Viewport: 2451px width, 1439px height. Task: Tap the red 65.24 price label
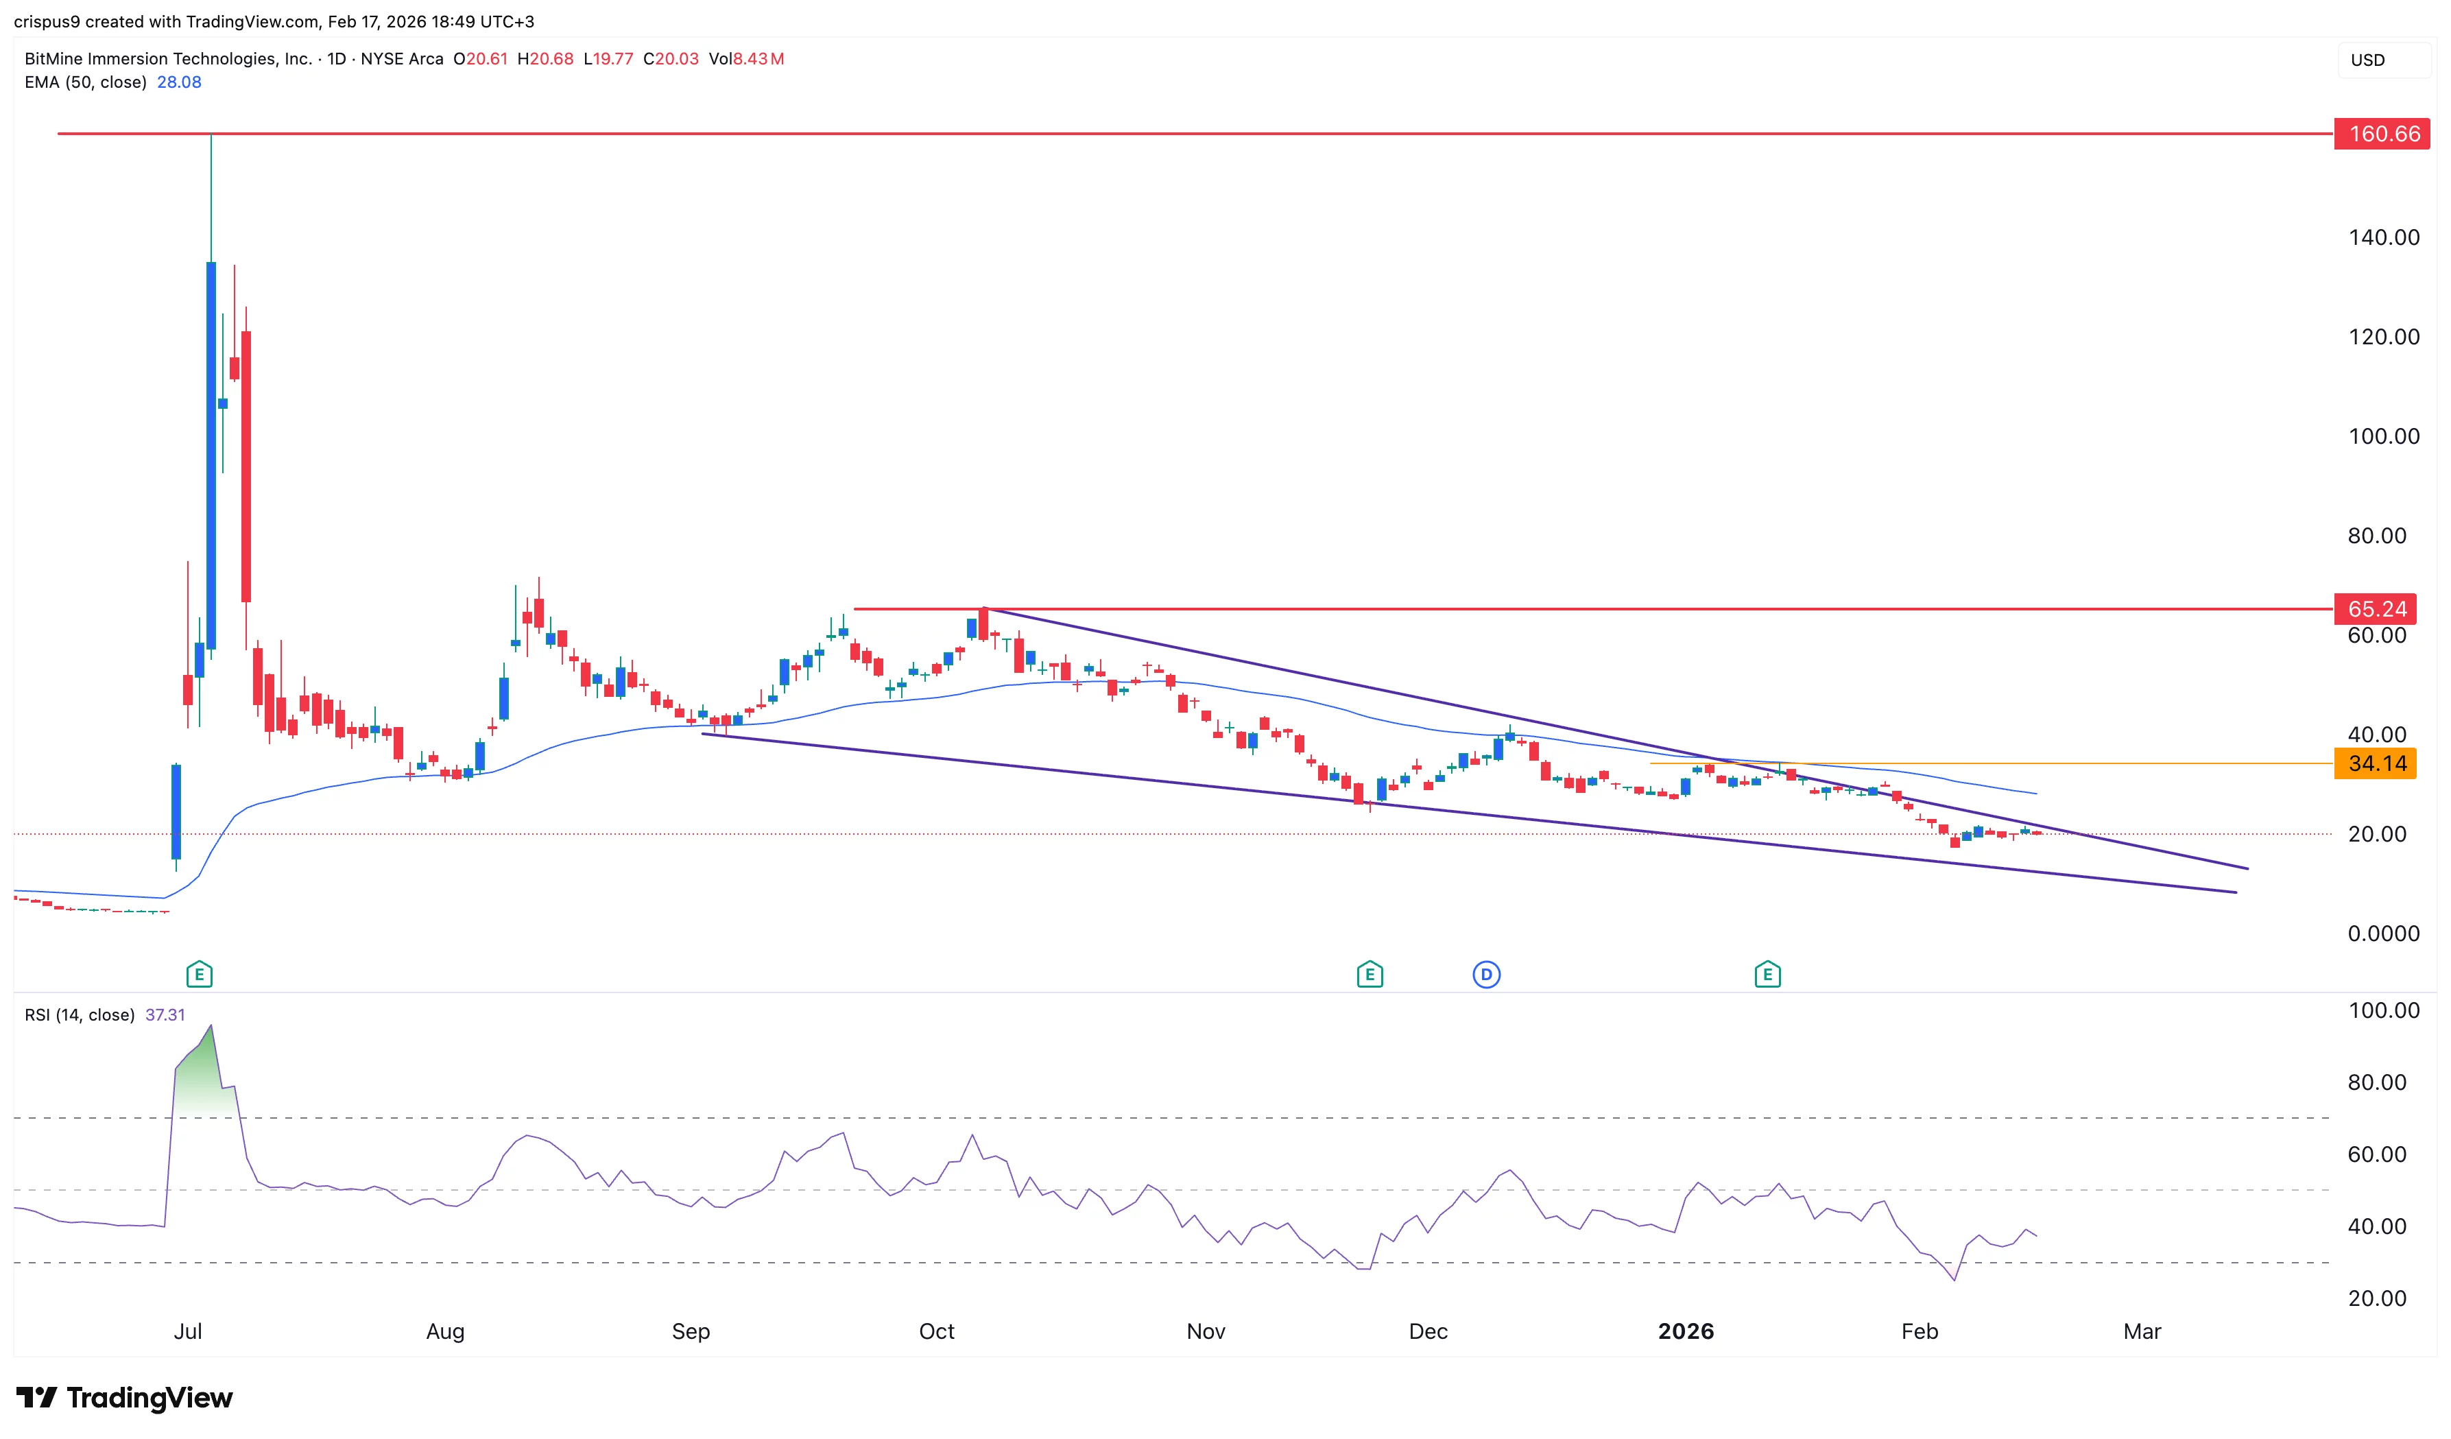(x=2376, y=609)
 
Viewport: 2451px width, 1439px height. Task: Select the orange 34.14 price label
(x=2376, y=764)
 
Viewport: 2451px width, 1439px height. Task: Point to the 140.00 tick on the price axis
(x=2383, y=237)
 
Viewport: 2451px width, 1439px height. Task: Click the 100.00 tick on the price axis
(x=2383, y=436)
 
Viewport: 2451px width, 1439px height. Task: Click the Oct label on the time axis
(x=937, y=1331)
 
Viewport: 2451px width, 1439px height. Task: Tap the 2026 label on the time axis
(x=1686, y=1331)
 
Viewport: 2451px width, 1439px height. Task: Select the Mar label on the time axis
(x=2142, y=1331)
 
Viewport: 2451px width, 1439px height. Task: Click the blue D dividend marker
(x=1486, y=974)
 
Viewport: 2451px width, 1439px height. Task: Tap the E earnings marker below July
(x=200, y=974)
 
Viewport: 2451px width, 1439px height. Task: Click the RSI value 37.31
(x=165, y=1015)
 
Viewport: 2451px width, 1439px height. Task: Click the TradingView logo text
(x=149, y=1398)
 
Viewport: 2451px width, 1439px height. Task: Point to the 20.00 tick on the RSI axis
(x=2376, y=1298)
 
